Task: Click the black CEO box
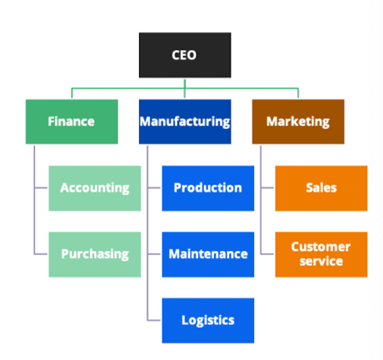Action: point(185,55)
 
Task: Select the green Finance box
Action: point(72,122)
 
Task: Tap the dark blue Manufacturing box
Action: point(185,122)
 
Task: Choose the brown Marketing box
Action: point(298,122)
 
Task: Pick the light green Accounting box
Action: point(95,188)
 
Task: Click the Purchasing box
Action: point(95,254)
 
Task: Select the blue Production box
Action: point(208,188)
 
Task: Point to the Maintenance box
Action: point(208,254)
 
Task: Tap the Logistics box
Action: point(208,321)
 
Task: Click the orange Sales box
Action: point(321,188)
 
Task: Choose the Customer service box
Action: point(321,254)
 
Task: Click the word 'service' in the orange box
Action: point(321,262)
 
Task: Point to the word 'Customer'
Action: point(321,247)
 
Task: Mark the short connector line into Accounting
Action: point(41,187)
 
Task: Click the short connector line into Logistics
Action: point(154,321)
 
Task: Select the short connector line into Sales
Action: point(267,187)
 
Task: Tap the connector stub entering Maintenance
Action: point(154,254)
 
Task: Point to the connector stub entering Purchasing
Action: point(41,254)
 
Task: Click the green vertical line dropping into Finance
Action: point(72,93)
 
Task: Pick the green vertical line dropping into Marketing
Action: point(298,93)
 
